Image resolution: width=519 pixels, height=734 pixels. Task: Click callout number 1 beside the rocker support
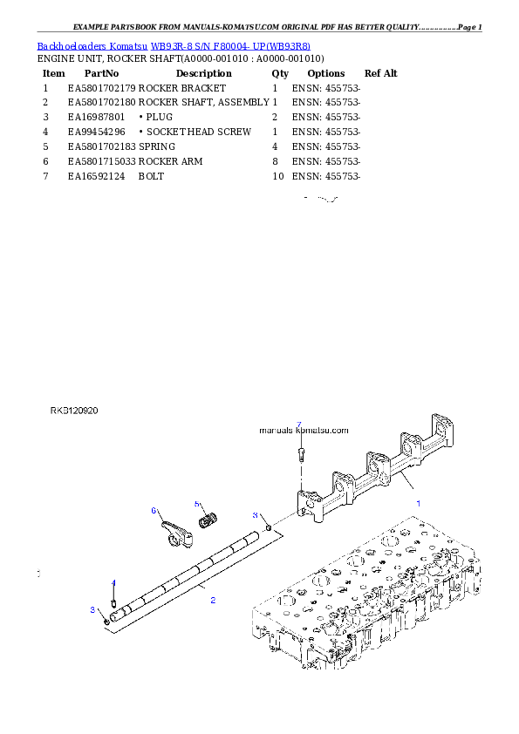coord(418,504)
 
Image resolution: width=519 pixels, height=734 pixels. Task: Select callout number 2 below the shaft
coord(213,601)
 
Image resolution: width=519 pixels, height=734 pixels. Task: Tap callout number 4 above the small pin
coord(113,582)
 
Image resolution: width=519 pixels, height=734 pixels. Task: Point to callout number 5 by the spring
coord(197,504)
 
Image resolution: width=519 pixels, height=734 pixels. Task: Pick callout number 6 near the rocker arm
coord(154,510)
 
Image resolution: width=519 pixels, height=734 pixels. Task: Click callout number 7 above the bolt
coord(298,425)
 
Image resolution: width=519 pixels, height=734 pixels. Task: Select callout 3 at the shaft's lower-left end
coord(92,609)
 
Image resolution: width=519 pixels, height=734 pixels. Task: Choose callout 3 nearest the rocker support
coord(256,515)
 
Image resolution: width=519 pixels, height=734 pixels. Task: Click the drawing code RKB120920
coord(74,410)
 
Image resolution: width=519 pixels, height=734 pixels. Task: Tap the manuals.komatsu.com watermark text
coord(304,430)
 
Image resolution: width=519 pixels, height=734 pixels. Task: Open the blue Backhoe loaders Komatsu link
coord(174,45)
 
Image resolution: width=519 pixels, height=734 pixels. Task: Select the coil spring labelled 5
coord(208,520)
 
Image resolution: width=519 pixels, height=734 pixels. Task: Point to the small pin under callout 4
coord(113,600)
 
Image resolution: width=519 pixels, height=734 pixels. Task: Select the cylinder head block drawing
coord(366,601)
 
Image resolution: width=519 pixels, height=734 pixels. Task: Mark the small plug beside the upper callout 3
coord(270,527)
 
